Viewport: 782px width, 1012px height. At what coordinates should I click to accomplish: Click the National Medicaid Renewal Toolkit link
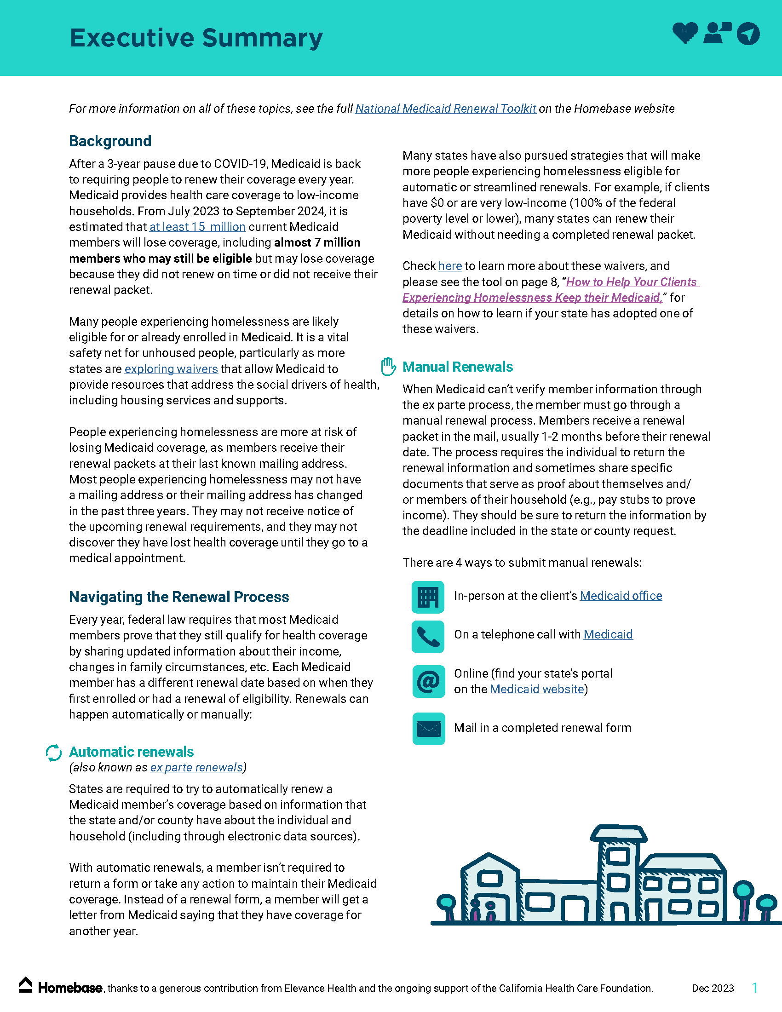(445, 109)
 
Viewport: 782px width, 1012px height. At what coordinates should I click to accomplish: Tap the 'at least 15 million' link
(197, 227)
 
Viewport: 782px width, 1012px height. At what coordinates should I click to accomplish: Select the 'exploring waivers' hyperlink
(171, 369)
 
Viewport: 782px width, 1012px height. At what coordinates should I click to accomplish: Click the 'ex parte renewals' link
(196, 767)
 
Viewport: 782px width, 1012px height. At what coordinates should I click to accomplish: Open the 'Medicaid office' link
(621, 596)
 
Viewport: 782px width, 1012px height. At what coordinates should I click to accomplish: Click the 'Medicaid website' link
(536, 689)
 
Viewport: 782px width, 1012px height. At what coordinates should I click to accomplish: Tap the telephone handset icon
(428, 637)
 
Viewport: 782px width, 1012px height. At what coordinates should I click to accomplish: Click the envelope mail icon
(429, 729)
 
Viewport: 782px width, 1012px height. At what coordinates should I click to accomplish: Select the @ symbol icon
(429, 682)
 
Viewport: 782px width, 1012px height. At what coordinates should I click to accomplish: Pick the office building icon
(428, 597)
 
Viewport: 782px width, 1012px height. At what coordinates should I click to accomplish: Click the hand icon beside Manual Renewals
(388, 367)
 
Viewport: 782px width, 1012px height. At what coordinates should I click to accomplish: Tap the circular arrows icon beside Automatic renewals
(54, 753)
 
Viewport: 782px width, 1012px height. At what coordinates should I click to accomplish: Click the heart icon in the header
(685, 33)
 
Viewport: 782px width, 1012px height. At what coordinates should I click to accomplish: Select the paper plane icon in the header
(747, 34)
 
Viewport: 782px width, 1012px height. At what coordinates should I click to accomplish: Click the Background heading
(110, 141)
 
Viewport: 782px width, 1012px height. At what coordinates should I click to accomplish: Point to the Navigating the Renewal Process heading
(179, 597)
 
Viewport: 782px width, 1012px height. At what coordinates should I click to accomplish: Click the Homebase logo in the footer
(60, 988)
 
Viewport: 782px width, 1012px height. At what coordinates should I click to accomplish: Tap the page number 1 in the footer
(755, 988)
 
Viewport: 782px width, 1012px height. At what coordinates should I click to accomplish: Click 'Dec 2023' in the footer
(713, 988)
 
